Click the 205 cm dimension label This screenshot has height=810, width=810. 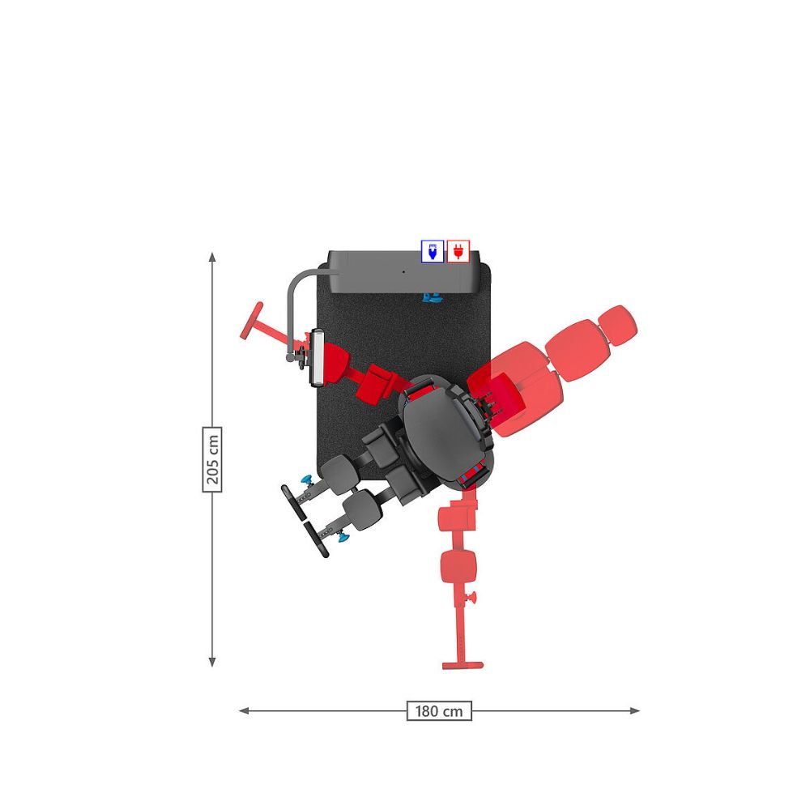click(212, 459)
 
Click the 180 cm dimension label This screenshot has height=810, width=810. click(439, 711)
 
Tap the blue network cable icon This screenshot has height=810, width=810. click(433, 251)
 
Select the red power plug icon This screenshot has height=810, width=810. click(458, 251)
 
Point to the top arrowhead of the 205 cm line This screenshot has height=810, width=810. click(211, 256)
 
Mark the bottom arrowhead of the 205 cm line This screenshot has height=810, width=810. click(211, 663)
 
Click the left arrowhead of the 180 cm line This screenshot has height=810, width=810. click(244, 711)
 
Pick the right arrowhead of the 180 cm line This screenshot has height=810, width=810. click(635, 711)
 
